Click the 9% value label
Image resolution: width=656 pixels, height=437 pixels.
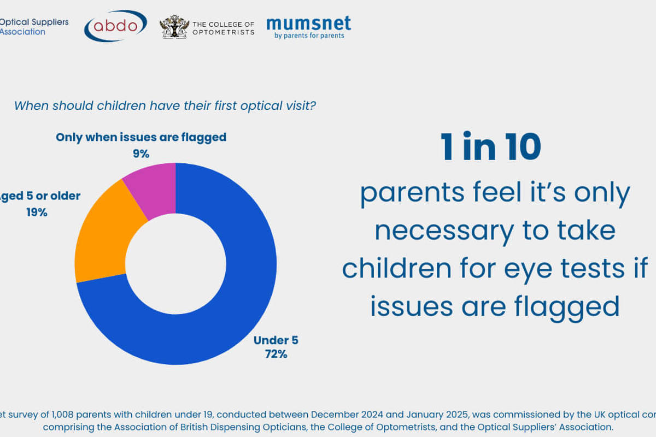click(140, 154)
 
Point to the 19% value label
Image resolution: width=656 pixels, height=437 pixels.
click(37, 212)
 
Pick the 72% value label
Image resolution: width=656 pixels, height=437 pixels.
click(276, 354)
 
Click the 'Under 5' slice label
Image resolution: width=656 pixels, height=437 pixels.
click(276, 341)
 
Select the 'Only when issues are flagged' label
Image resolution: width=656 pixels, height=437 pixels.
click(141, 137)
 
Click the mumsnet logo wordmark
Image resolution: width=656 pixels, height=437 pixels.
click(308, 23)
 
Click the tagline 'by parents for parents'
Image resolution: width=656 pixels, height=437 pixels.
click(309, 36)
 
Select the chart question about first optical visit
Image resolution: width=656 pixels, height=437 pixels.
click(165, 105)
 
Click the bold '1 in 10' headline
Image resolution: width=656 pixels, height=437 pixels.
click(491, 147)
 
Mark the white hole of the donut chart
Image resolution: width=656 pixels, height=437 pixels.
click(175, 264)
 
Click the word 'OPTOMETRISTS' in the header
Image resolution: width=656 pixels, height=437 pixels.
click(223, 32)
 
